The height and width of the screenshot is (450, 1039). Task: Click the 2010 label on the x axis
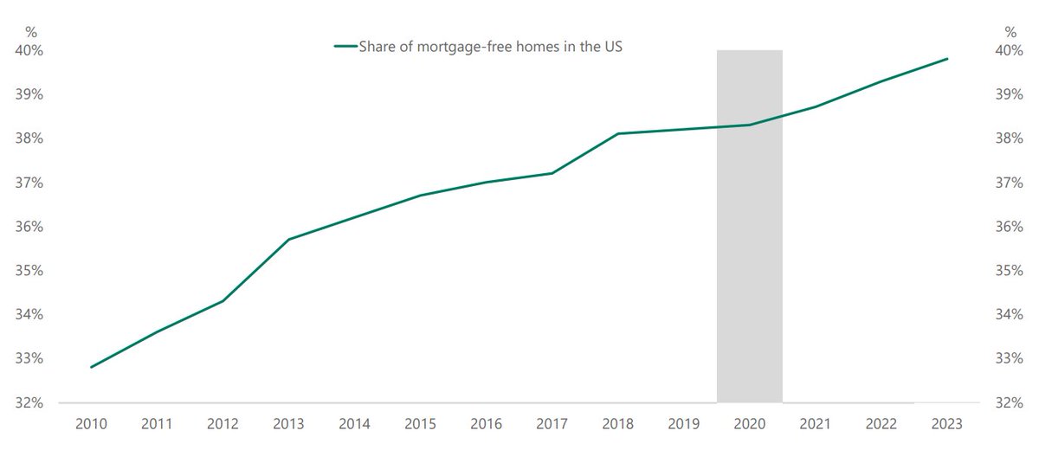pos(91,423)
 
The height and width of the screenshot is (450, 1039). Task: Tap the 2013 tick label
pos(288,423)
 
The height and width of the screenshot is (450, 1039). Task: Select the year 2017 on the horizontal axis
pos(552,423)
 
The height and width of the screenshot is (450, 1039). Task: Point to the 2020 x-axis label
pos(750,423)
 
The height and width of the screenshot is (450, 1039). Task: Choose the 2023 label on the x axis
pos(947,423)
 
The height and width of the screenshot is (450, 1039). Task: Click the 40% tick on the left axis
pos(29,50)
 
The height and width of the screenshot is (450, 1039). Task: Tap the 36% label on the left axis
pos(29,227)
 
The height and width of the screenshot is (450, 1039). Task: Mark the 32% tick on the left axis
pos(29,402)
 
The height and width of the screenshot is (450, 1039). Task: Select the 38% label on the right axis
pos(1010,138)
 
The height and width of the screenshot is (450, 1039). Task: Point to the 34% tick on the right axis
pos(1010,315)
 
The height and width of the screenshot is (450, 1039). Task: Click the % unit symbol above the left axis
pos(31,32)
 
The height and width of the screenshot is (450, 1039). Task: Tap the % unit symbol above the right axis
pos(1010,32)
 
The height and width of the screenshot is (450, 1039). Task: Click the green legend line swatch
pos(346,46)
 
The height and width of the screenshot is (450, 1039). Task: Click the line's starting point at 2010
pos(91,367)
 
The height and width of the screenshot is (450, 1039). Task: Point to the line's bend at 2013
pos(288,239)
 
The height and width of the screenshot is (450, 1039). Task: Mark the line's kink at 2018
pos(618,133)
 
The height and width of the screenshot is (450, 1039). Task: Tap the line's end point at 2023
pos(947,59)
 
